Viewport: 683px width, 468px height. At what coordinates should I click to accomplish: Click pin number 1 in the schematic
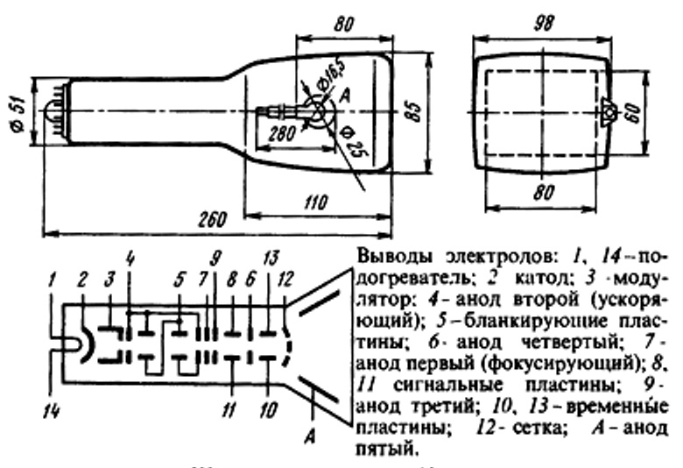click(x=53, y=280)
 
